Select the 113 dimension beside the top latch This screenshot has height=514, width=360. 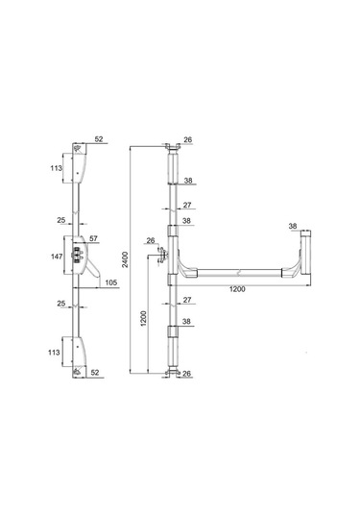tap(58, 168)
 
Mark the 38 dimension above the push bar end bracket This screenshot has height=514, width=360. tap(292, 227)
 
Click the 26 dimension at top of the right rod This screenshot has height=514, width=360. tap(187, 140)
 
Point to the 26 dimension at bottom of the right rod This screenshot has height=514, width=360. tap(187, 374)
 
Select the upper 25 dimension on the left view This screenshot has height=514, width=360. tap(61, 219)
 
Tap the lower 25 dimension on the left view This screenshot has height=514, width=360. tap(61, 305)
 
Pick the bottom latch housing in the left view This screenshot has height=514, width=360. tap(81, 351)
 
